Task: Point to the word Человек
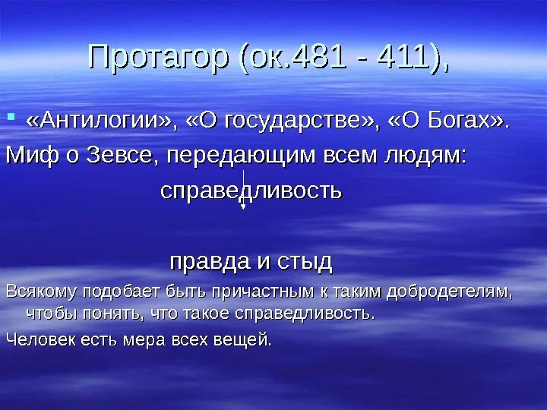[39, 339]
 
